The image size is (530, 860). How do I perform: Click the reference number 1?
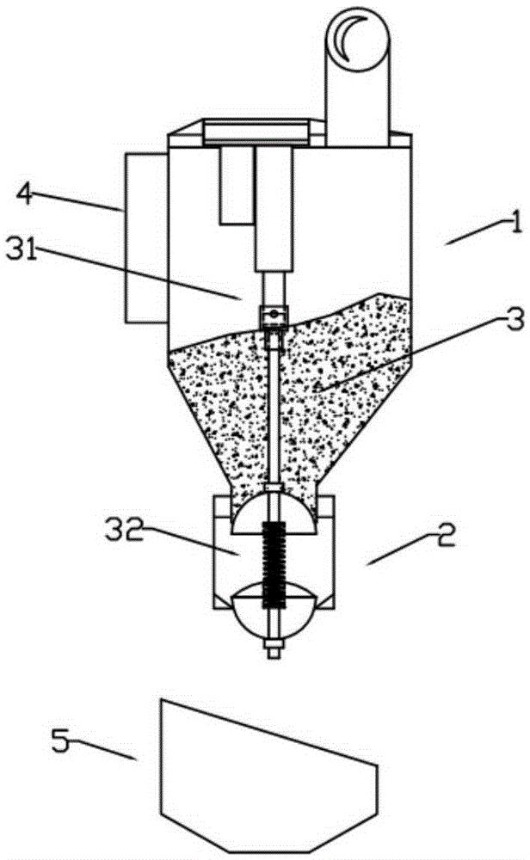point(515,224)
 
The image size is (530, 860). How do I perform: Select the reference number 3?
point(515,319)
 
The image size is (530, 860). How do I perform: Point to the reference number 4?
point(24,193)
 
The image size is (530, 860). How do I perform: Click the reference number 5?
point(61,740)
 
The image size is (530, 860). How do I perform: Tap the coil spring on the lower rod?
point(274,564)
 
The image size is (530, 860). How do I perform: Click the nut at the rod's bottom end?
point(274,648)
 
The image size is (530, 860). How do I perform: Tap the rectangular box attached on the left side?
point(146,237)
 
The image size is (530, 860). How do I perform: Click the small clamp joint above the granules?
point(274,317)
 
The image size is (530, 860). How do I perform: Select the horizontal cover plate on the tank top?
point(256,133)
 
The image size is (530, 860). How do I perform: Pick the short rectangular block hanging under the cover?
point(237,186)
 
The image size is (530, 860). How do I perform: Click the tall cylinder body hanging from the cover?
point(274,209)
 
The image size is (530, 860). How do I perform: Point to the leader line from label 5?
point(103,749)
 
